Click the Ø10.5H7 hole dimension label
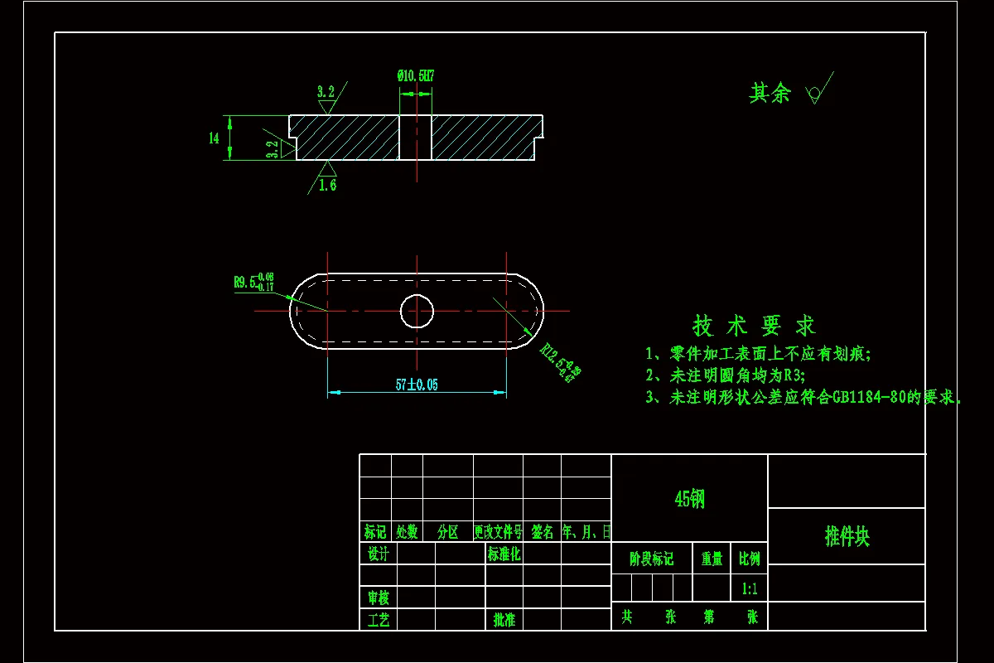point(416,76)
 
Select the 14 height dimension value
point(214,138)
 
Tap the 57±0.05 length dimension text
point(417,385)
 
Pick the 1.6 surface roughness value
point(327,185)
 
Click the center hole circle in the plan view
point(417,312)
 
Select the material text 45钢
point(689,499)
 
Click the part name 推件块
point(847,536)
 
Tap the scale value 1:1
point(750,589)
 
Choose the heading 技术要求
point(754,326)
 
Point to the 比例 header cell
point(750,559)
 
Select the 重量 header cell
point(712,559)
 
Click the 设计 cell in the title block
point(378,554)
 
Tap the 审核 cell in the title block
point(378,597)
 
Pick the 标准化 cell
point(504,554)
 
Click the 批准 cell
point(504,619)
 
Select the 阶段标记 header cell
point(652,559)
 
